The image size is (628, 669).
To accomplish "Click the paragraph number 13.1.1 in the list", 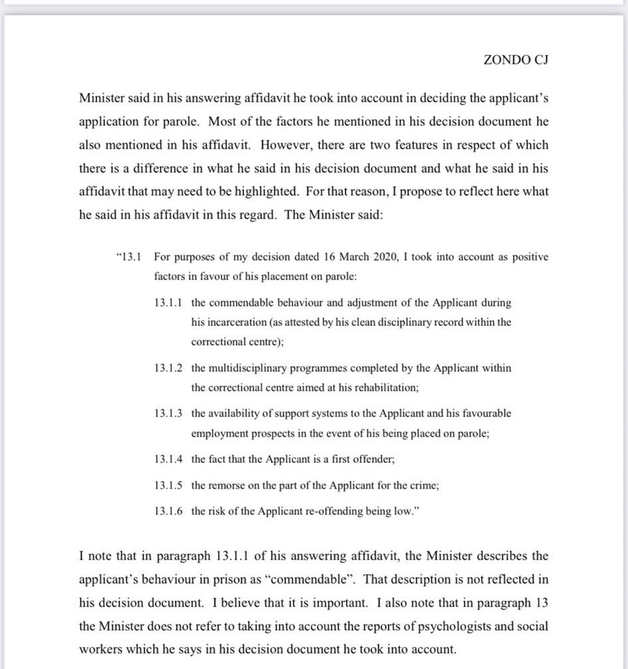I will pyautogui.click(x=169, y=303).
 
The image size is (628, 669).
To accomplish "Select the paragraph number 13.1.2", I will pyautogui.click(x=169, y=368).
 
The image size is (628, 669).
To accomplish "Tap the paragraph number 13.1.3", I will pyautogui.click(x=169, y=414).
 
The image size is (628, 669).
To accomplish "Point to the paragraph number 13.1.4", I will pyautogui.click(x=169, y=460).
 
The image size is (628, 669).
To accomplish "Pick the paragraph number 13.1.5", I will pyautogui.click(x=169, y=485).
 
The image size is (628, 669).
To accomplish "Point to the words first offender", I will pyautogui.click(x=368, y=460).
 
